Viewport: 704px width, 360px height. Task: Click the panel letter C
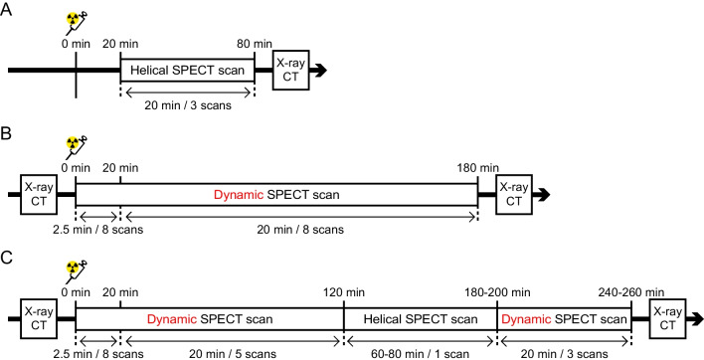[x=8, y=255]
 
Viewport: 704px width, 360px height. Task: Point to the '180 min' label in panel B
[x=477, y=167]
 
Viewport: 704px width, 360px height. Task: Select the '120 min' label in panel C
[x=343, y=290]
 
